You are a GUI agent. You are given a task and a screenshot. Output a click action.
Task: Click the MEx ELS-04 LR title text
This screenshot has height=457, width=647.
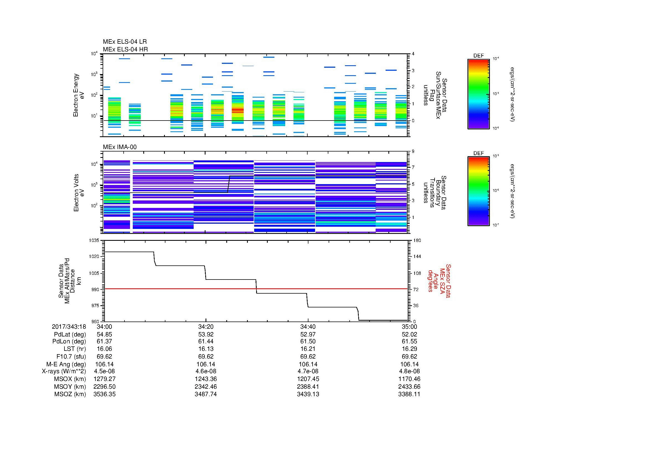coord(124,42)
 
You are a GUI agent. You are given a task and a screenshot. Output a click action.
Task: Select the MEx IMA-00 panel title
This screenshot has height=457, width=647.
coord(120,147)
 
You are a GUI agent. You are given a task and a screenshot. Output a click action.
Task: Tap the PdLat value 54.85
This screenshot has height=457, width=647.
coord(104,335)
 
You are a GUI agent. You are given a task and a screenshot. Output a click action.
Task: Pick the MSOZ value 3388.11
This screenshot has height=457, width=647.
coord(409,394)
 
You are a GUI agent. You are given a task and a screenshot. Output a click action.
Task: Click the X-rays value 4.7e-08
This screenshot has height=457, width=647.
coord(308,371)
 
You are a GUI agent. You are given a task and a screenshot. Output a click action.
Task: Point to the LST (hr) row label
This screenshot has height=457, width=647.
coord(75,349)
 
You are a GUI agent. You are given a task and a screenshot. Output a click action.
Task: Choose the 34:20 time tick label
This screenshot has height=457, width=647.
coord(206,327)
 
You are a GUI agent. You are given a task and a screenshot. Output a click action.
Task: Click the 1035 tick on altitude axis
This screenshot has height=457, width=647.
coord(94,241)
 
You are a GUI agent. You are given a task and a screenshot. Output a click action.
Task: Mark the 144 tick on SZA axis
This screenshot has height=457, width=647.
coord(417,257)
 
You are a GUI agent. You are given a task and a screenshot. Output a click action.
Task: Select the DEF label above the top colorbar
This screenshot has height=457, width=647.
coord(478,56)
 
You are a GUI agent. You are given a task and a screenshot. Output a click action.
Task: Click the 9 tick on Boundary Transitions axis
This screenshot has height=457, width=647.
coord(413,152)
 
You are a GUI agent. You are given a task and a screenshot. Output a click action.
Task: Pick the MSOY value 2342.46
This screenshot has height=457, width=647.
coord(206,387)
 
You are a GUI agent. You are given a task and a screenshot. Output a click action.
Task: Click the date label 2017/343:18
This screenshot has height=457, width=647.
coord(69,327)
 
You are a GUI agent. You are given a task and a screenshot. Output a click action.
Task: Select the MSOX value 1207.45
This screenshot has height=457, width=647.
coord(308,379)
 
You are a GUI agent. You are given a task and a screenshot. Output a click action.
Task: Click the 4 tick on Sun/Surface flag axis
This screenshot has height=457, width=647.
coord(413,54)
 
